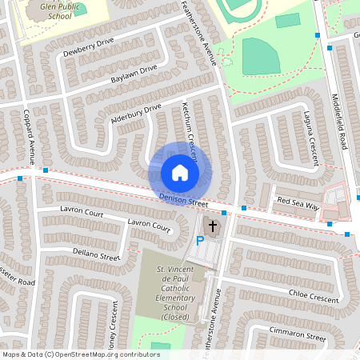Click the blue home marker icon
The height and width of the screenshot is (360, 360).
point(180,172)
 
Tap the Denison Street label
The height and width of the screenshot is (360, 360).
point(183,198)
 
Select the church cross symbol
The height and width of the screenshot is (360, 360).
point(212,225)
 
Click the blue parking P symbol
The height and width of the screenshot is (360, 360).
point(202,240)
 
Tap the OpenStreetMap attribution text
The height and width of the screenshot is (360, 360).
point(81,354)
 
